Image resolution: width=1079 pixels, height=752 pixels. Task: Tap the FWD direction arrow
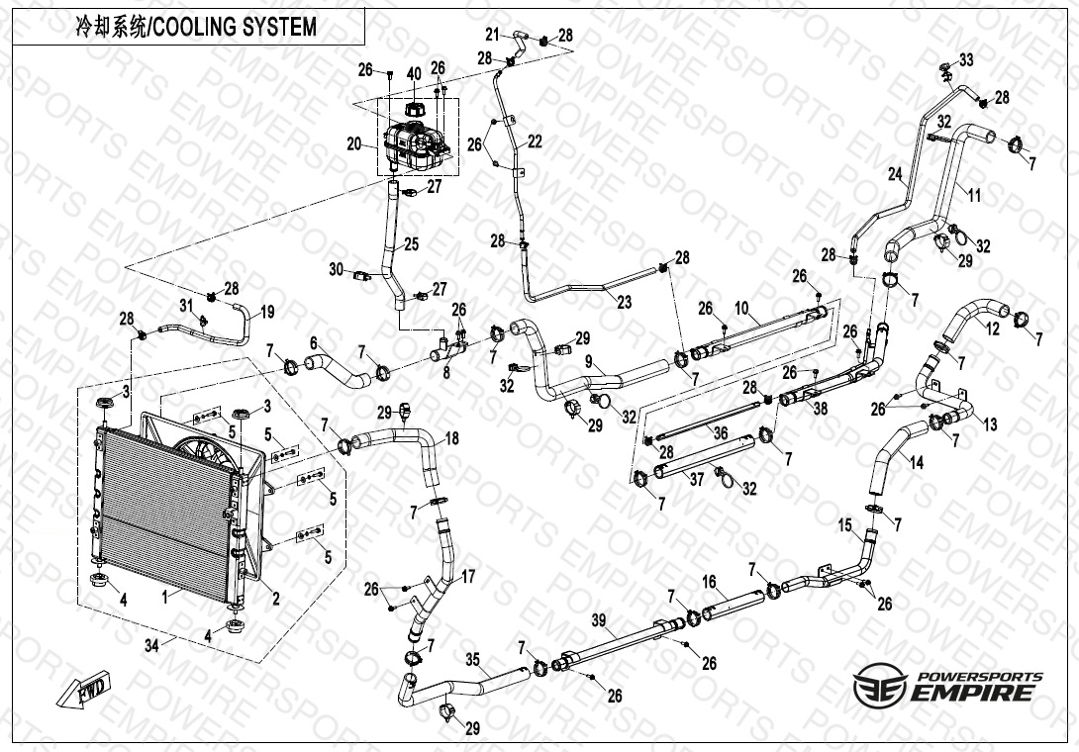86,690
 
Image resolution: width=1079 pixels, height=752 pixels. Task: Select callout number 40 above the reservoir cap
413,74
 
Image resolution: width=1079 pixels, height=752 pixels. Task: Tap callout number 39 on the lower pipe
598,619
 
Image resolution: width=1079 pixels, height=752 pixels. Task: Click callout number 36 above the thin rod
720,433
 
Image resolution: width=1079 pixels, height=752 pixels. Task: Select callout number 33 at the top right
966,60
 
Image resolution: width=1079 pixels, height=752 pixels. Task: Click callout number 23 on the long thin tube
624,303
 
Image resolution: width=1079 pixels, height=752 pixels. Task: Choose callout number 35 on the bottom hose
472,659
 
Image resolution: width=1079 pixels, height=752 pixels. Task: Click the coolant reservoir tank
416,147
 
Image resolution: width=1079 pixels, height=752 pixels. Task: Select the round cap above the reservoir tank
414,105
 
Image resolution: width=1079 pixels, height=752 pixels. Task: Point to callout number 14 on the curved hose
917,462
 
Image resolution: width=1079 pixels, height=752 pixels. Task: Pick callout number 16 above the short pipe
709,581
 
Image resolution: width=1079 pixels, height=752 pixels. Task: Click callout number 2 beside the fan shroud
276,597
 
